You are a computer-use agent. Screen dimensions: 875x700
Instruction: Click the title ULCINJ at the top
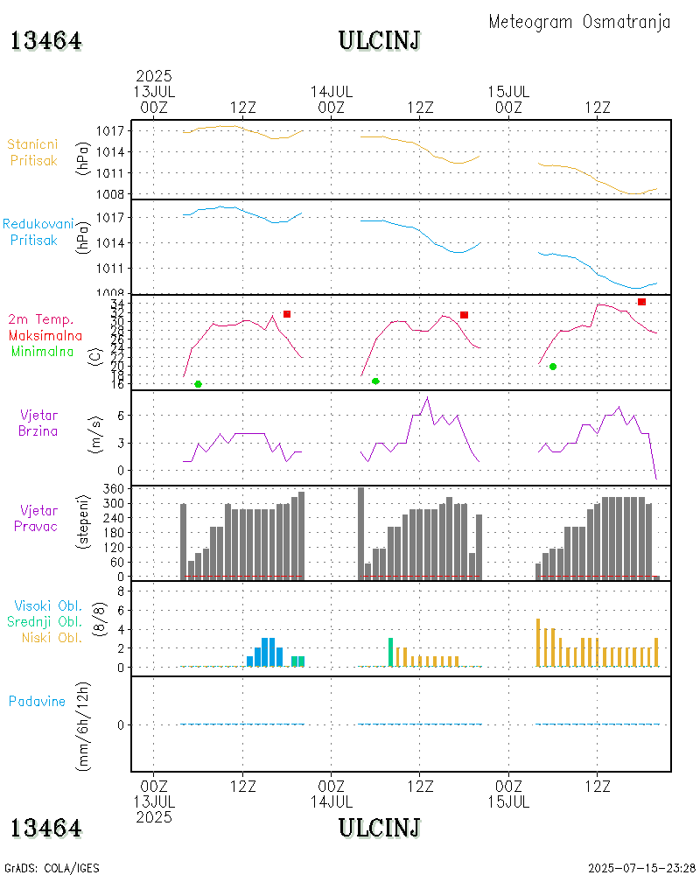[380, 40]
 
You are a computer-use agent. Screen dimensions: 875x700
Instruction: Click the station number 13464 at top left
[46, 40]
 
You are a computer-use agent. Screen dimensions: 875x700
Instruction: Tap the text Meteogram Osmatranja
[579, 22]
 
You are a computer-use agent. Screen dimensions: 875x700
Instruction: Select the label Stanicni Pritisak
[34, 152]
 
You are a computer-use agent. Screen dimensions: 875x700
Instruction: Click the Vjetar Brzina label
[39, 423]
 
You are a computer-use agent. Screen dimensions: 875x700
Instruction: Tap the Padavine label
[37, 701]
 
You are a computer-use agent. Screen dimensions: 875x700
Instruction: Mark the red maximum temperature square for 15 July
[641, 302]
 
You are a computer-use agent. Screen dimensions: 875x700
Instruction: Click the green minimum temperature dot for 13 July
[198, 384]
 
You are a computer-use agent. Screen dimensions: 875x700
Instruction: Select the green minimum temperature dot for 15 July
[553, 367]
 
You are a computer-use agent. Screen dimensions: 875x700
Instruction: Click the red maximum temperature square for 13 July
[286, 314]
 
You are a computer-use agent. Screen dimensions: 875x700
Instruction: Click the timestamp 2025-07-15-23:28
[641, 868]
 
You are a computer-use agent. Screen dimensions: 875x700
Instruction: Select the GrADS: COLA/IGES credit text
[52, 868]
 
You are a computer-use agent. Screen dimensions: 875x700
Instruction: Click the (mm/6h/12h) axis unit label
[84, 724]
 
